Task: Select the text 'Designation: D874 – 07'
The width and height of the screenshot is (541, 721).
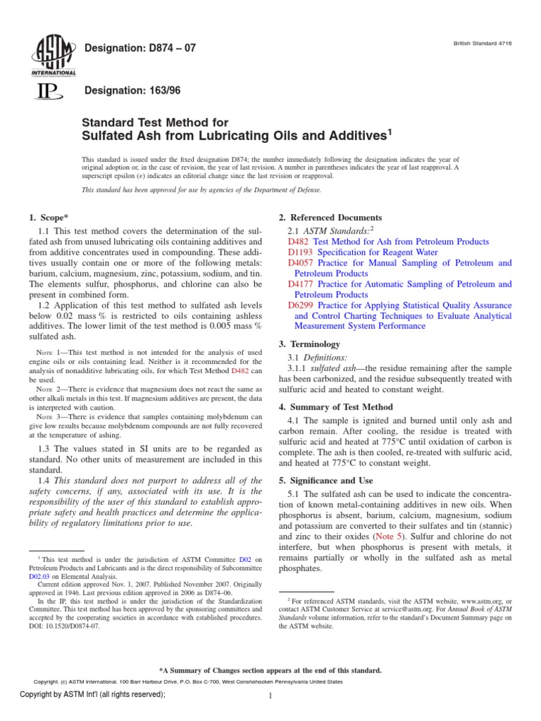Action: pos(139,48)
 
